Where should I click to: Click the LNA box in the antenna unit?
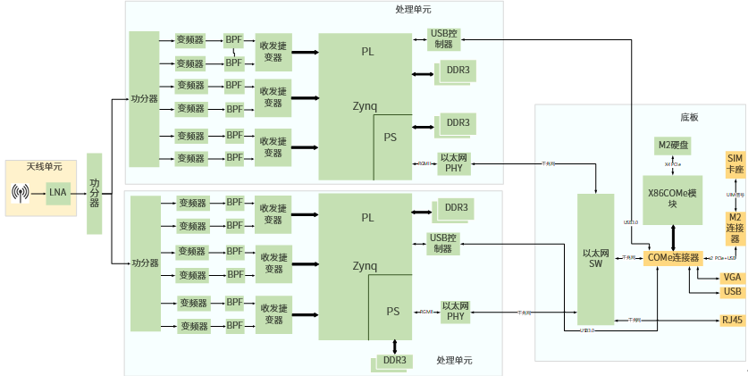pos(58,192)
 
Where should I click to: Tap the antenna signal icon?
pos(22,192)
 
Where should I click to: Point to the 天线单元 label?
pos(44,167)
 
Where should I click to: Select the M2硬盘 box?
pos(675,146)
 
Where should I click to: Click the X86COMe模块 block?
pos(675,198)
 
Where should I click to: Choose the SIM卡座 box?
pos(735,164)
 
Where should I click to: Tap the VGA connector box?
pos(733,278)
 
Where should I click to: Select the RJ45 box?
pos(733,321)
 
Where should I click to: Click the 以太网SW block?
pos(596,258)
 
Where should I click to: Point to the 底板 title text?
pos(689,117)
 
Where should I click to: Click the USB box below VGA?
pos(733,292)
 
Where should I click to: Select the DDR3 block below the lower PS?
pos(394,362)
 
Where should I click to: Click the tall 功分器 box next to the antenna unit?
pos(95,193)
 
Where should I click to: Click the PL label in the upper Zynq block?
pos(368,51)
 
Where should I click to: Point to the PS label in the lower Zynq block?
pos(392,312)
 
